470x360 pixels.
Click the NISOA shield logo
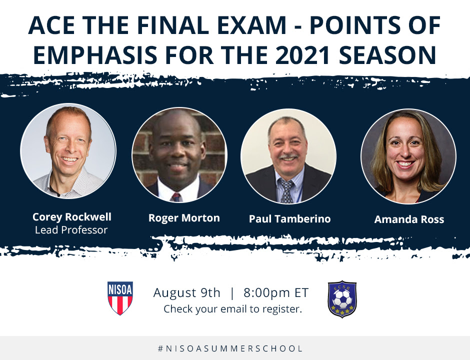120,298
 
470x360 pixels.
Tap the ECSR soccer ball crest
342,299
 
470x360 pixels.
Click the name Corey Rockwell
71,217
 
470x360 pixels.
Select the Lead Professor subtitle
71,230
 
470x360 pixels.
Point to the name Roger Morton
184,218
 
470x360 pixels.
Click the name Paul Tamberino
290,219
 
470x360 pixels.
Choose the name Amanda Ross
409,219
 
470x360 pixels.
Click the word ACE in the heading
51,25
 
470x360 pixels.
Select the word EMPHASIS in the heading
95,55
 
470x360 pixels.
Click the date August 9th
186,293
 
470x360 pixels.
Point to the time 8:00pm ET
276,293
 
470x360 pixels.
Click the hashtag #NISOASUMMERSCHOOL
230,348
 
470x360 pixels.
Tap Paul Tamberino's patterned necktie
286,190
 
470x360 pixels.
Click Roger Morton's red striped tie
175,197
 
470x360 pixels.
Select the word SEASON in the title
387,55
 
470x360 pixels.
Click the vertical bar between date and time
232,293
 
